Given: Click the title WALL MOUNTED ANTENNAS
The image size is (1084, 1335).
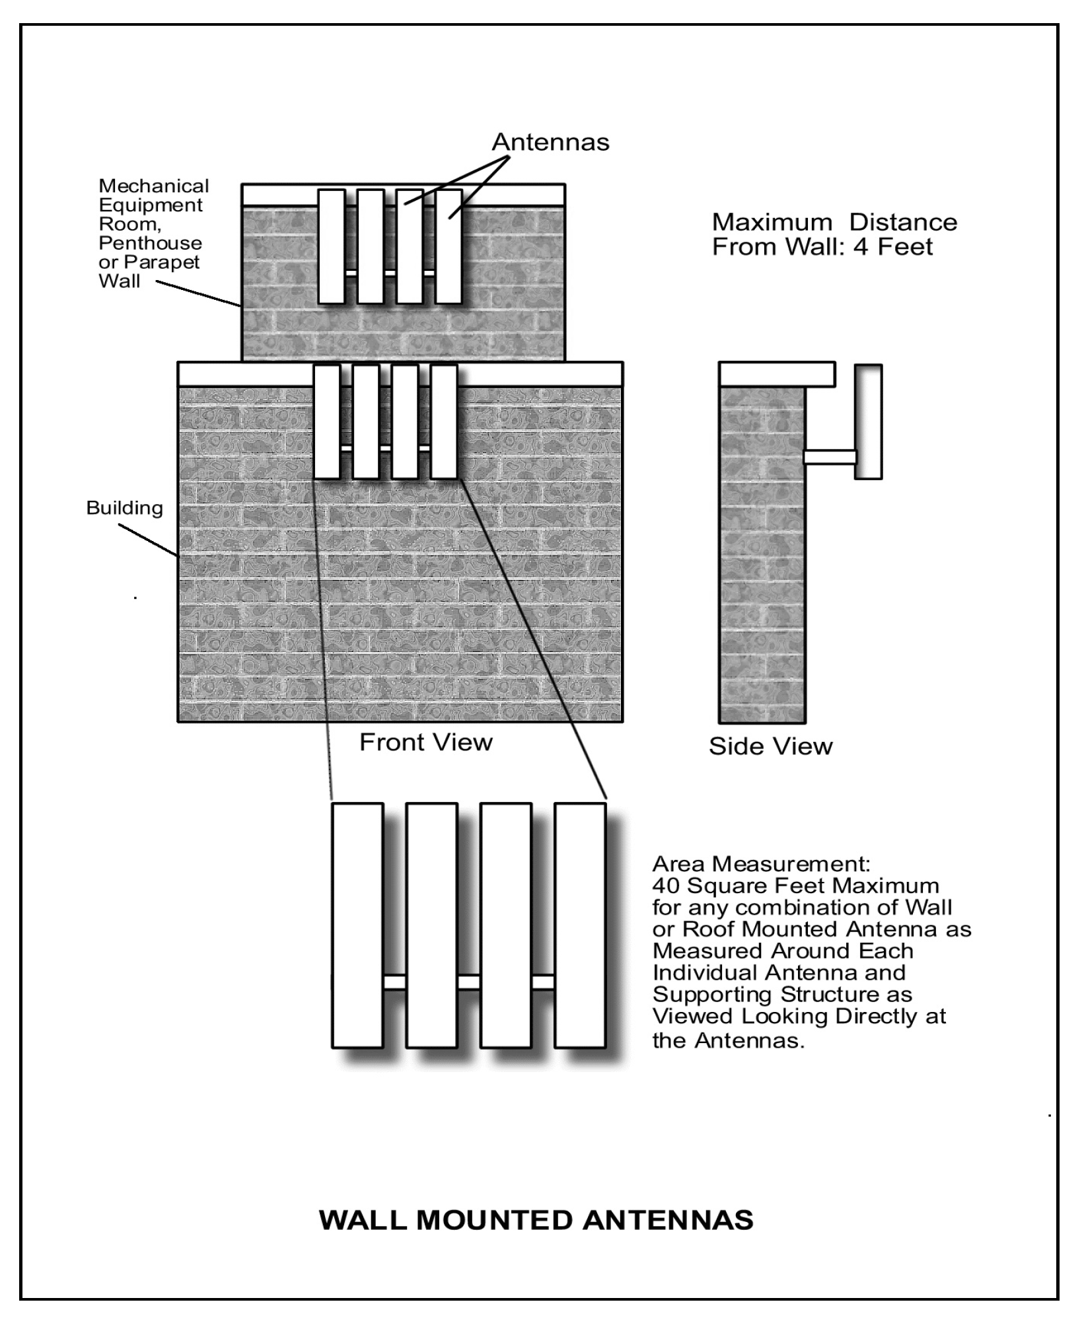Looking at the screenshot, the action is pos(536,1221).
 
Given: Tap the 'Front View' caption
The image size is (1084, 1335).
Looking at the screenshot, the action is pos(425,742).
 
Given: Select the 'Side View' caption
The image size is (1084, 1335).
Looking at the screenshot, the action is pos(770,746).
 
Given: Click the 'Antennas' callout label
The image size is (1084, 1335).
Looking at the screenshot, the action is pos(550,142).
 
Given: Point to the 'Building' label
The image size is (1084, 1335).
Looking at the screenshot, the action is pos(124,508).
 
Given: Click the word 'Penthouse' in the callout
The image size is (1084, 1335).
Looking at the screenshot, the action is pos(150,243).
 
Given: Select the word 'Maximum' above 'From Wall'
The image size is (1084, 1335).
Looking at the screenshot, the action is pos(772,222).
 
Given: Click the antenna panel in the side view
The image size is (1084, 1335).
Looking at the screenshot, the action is pos(868,421).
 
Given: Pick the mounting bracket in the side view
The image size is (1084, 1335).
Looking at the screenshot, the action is pos(830,457).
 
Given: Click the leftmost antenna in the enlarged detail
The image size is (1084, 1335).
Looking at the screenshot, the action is pos(357,926).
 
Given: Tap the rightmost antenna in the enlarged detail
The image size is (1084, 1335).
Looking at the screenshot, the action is pos(580,926).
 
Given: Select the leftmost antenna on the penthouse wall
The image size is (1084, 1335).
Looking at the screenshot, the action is pos(332,247).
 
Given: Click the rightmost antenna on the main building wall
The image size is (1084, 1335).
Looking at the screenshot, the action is pos(444,422).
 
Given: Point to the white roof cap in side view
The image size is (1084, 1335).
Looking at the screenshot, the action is pos(777,374).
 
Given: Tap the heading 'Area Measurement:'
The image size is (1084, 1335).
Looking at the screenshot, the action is pos(761,864).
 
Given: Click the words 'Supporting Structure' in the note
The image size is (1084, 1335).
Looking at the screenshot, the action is pos(782,995).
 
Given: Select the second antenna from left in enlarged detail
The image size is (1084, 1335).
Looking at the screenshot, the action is pos(432,926).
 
